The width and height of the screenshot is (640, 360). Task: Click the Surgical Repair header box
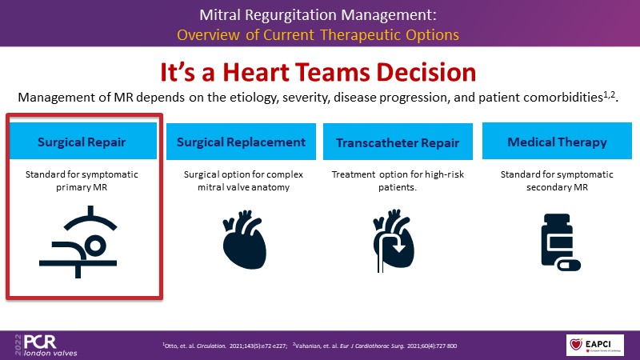point(86,142)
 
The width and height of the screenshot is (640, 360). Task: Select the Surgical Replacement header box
point(241,142)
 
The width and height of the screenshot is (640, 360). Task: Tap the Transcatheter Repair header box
point(398,142)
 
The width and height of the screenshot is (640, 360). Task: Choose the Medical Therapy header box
point(557,142)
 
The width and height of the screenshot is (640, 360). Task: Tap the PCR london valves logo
point(40,342)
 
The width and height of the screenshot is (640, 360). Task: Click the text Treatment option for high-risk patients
point(398,181)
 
